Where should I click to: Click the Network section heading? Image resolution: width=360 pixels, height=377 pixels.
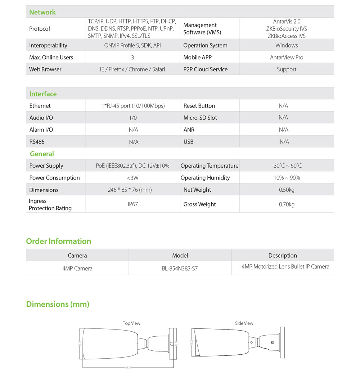tap(42, 12)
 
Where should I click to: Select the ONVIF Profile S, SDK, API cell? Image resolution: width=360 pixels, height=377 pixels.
tap(132, 45)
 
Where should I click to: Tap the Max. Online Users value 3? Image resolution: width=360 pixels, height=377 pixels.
tap(132, 58)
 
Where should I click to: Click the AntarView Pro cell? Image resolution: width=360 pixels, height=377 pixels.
tap(287, 58)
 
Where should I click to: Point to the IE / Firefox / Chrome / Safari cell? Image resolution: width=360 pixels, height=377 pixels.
tap(132, 69)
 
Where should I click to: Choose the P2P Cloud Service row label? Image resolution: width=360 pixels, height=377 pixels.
tap(205, 69)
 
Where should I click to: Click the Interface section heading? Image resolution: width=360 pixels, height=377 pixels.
tap(43, 94)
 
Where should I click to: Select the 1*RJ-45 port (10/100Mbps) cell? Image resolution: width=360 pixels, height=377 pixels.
tap(133, 106)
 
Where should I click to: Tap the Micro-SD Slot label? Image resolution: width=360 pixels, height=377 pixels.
tap(200, 118)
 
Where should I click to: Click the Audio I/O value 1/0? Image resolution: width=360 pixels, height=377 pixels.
tap(133, 118)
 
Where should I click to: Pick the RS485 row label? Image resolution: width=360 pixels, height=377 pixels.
tap(37, 142)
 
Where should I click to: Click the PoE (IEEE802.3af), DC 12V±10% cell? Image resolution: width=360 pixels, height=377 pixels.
tap(132, 166)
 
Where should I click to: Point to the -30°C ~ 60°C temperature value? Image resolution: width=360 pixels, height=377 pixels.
tap(287, 166)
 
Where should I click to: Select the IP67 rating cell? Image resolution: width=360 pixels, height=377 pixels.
tap(132, 204)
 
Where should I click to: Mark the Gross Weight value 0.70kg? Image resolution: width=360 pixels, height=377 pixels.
tap(287, 204)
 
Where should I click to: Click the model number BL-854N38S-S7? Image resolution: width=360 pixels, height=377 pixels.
tap(180, 268)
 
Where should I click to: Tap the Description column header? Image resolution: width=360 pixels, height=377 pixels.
tap(283, 255)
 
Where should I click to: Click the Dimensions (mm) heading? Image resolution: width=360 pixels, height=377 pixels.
tap(58, 304)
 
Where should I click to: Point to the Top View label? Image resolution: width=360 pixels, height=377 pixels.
tap(131, 323)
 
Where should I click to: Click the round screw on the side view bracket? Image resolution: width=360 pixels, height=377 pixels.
tap(272, 343)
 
